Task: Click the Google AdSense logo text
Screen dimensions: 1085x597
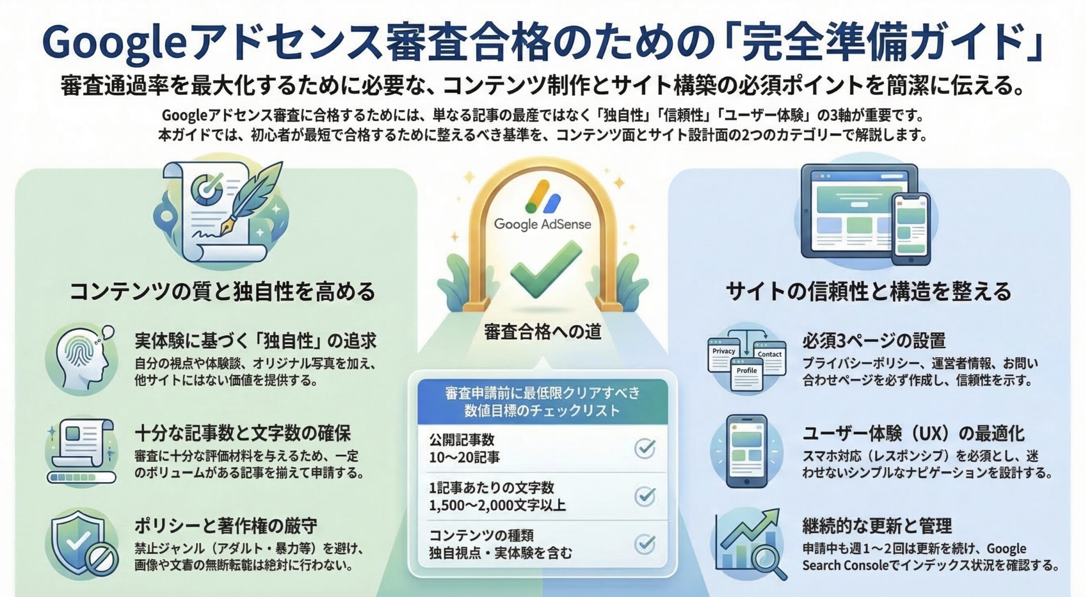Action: pos(542,224)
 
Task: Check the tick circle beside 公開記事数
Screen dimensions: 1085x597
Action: pos(645,449)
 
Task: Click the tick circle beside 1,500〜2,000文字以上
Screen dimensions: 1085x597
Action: pos(645,496)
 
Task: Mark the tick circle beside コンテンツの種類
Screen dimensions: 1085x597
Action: pos(645,544)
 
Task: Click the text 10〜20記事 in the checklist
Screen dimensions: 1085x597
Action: pos(465,457)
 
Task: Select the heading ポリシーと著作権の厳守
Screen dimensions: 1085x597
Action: pos(226,526)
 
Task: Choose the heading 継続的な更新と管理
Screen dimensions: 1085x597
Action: pos(877,526)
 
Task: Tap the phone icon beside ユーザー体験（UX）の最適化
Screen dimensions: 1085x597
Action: pos(747,451)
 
